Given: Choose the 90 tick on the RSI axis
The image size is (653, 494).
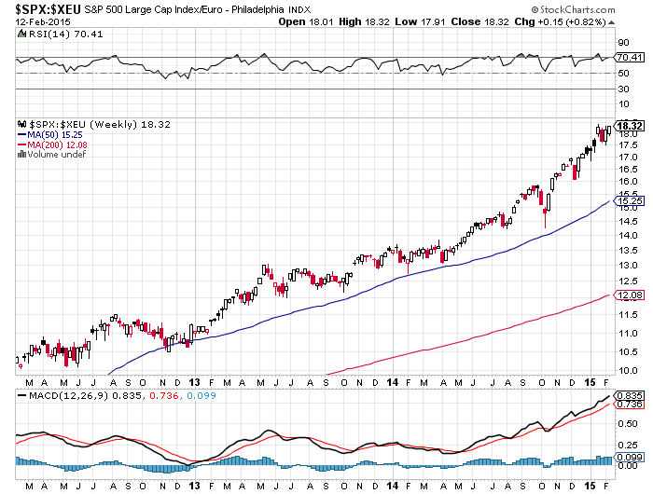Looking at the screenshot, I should (x=623, y=42).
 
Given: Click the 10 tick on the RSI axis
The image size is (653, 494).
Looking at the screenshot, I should (x=623, y=106).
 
